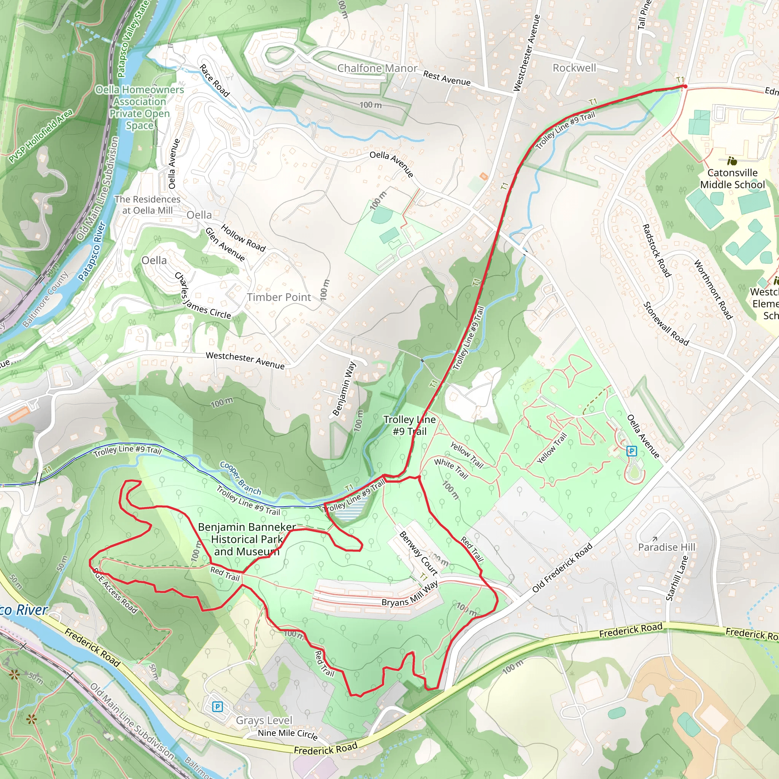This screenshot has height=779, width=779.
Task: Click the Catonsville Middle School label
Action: [x=732, y=179]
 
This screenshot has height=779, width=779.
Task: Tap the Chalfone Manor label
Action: [x=377, y=68]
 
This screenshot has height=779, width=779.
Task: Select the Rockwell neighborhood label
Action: [x=574, y=68]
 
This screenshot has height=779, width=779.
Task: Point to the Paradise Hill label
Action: [x=666, y=547]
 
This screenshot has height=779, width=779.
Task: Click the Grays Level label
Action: [x=264, y=720]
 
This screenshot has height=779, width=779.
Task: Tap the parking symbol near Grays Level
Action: [x=217, y=706]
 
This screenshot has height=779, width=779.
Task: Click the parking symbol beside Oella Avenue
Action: [x=631, y=451]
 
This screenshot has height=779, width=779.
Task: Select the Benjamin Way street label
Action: [x=344, y=389]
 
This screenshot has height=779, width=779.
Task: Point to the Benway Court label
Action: [x=418, y=553]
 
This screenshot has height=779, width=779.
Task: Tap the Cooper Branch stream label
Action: [x=240, y=478]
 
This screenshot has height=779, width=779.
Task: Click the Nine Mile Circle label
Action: [x=288, y=734]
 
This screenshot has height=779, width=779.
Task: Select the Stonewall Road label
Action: [x=666, y=324]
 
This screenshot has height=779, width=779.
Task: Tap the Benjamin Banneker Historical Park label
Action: [x=247, y=539]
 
